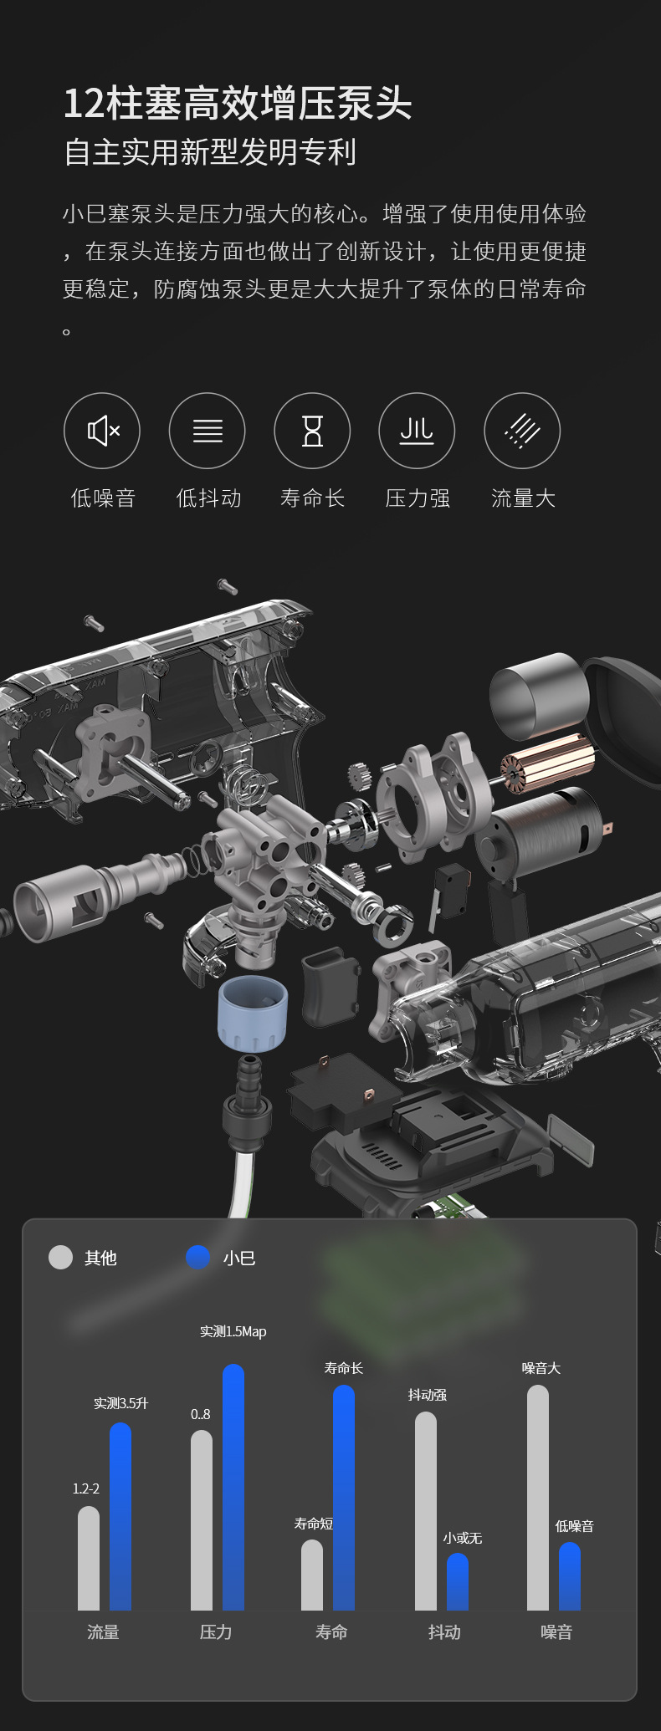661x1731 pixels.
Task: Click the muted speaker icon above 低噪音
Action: click(102, 431)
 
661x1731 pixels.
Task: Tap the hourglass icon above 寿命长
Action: click(312, 431)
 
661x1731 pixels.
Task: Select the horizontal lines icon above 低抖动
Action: click(208, 431)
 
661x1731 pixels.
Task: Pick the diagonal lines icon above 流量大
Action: click(522, 431)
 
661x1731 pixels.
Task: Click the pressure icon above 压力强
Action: click(417, 431)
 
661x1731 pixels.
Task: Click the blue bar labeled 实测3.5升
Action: click(120, 1516)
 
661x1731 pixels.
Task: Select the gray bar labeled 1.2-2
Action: click(89, 1558)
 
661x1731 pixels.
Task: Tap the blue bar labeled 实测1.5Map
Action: click(233, 1487)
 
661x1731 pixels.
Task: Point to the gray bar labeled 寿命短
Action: click(312, 1575)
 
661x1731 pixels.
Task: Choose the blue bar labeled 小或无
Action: click(458, 1581)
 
